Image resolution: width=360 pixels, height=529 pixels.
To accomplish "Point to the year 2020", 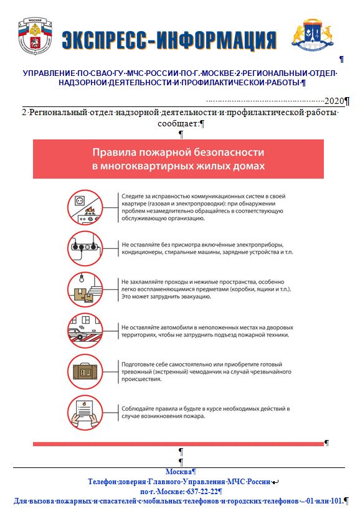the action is click(334, 101).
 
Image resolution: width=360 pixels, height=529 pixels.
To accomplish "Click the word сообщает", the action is click(178, 123).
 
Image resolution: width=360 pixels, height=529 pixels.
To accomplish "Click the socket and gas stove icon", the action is click(85, 207).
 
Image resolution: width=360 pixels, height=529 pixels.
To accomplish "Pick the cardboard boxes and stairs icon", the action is click(85, 289).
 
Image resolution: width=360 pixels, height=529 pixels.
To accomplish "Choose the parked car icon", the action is click(85, 331).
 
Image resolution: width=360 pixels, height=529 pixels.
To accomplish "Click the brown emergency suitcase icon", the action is click(85, 372).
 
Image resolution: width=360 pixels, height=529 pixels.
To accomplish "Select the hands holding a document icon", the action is click(85, 413).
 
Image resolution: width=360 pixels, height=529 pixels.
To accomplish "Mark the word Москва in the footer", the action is click(179, 472).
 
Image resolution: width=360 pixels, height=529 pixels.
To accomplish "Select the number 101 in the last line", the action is click(337, 501).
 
